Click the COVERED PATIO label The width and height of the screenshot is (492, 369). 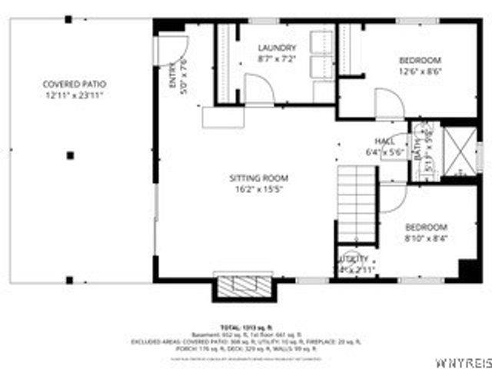click(x=74, y=84)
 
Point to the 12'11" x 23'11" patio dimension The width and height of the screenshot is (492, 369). click(x=74, y=95)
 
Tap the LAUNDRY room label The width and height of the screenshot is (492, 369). click(x=276, y=48)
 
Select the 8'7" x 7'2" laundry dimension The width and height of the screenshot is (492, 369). click(x=276, y=58)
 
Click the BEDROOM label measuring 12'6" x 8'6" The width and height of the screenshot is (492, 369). click(x=420, y=61)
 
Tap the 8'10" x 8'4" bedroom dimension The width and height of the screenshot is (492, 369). click(x=425, y=238)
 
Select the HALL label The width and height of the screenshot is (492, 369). click(x=384, y=141)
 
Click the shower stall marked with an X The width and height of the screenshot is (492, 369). click(x=462, y=154)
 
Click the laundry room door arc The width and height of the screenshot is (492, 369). click(x=259, y=88)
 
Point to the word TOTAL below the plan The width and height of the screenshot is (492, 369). click(x=228, y=327)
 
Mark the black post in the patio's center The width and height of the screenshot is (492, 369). click(x=70, y=155)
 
